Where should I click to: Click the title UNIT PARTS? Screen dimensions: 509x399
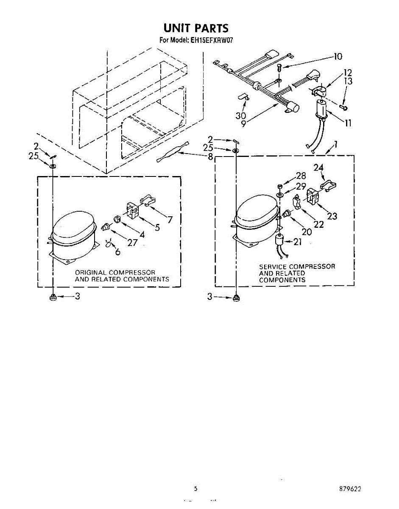[x=196, y=28]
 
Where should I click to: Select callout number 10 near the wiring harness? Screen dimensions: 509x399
[x=338, y=56]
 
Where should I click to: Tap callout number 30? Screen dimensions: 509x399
[x=240, y=116]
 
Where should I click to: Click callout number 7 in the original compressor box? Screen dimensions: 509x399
[x=170, y=219]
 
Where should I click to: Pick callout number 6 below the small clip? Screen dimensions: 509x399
[x=117, y=252]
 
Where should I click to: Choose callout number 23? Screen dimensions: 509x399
[x=332, y=216]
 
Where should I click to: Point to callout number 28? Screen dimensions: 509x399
[x=301, y=176]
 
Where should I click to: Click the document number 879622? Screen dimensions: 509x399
[x=350, y=489]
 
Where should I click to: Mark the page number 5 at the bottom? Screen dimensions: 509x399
[x=195, y=489]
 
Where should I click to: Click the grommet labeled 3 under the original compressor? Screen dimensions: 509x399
[x=53, y=298]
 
